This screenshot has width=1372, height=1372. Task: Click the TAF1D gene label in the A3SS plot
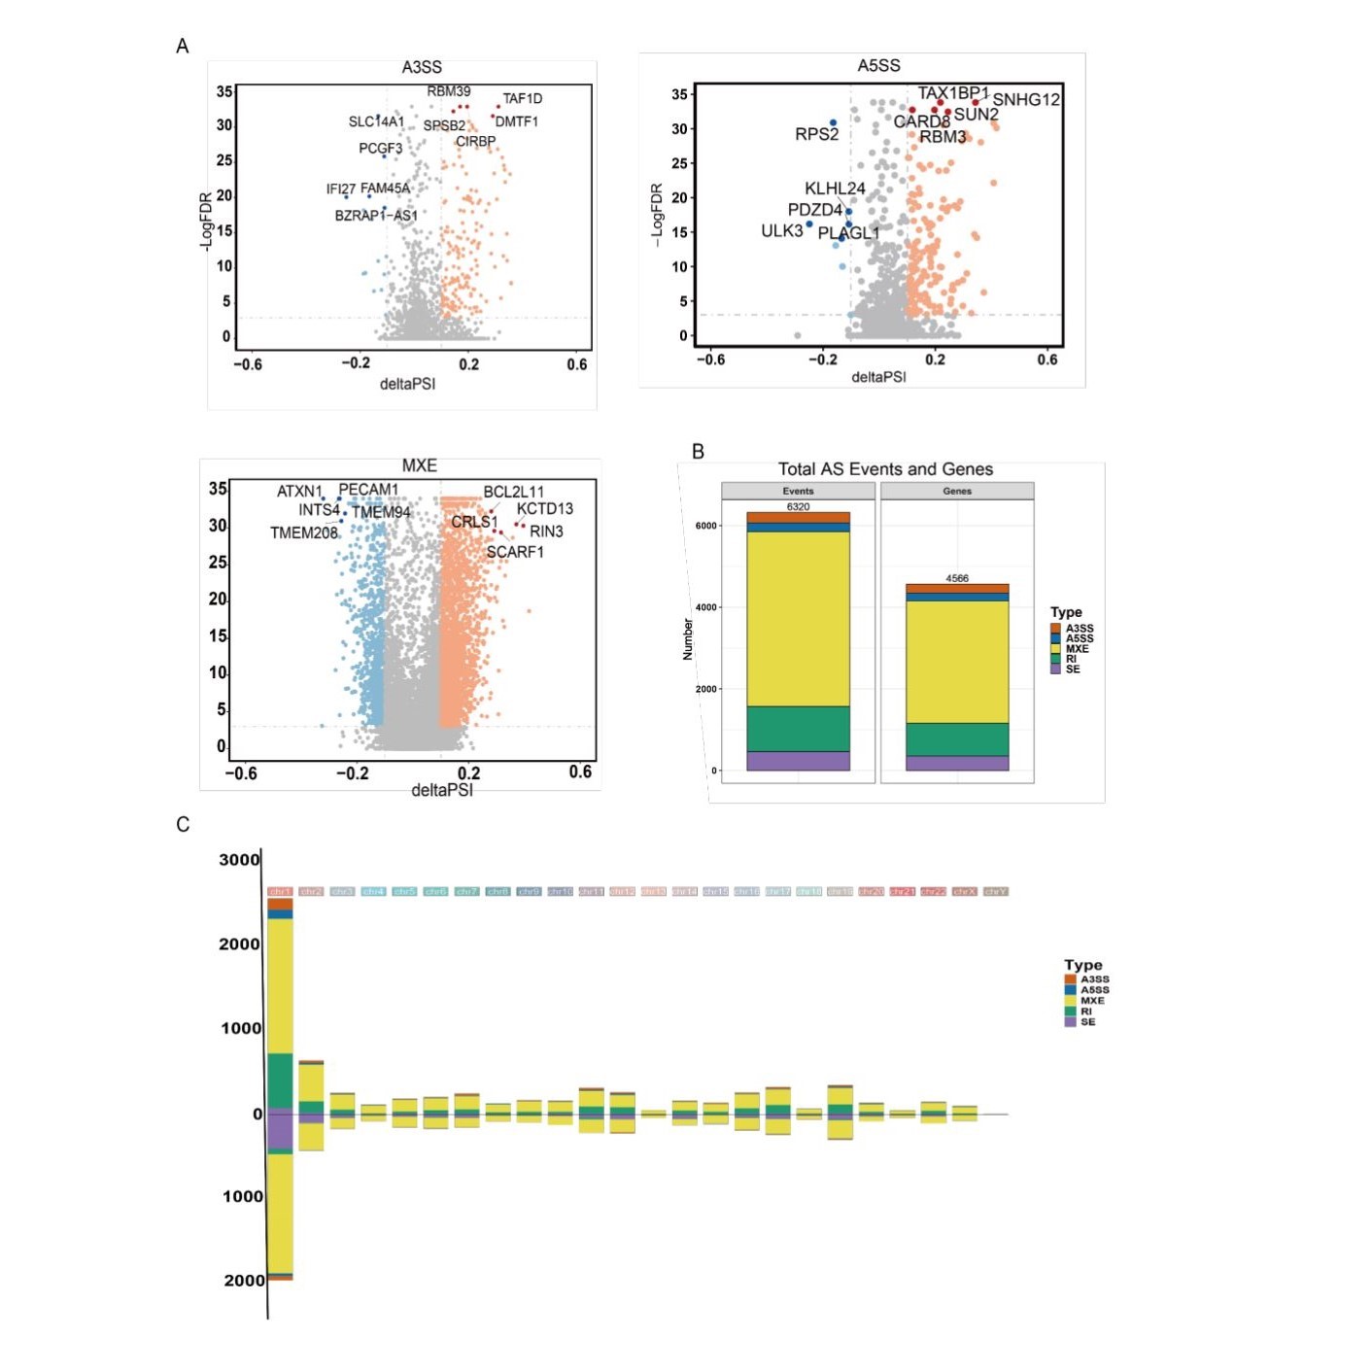(522, 98)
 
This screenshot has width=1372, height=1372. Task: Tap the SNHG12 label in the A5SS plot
(1025, 99)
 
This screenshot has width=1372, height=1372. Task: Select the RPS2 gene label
(816, 134)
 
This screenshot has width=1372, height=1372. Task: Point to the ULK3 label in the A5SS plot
(781, 230)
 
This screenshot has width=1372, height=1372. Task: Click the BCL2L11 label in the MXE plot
(513, 492)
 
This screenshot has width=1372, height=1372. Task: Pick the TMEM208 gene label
(303, 532)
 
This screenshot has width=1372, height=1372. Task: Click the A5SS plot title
(878, 65)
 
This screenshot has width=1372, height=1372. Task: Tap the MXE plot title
(419, 465)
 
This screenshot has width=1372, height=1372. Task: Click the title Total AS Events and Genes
(885, 469)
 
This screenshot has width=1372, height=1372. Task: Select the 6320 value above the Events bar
(798, 506)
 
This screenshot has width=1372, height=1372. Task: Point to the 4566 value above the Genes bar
(957, 578)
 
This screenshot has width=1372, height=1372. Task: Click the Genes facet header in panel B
(957, 491)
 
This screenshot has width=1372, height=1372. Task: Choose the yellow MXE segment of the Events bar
(798, 618)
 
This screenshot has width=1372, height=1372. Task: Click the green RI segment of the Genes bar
(957, 739)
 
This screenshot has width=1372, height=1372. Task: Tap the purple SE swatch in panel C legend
(1070, 1022)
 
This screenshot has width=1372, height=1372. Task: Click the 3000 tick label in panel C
(239, 860)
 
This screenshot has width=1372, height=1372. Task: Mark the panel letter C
(183, 824)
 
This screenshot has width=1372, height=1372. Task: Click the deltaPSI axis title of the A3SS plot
(407, 384)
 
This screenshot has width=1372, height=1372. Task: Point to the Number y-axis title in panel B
(688, 639)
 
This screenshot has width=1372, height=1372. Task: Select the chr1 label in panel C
(280, 891)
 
